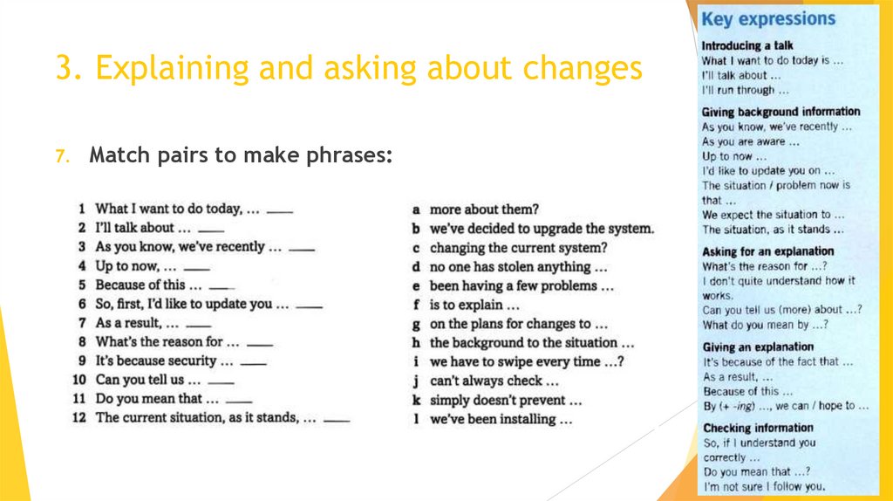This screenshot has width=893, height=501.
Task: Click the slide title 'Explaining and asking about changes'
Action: pyautogui.click(x=349, y=69)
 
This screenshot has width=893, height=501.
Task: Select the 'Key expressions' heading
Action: pyautogui.click(x=768, y=19)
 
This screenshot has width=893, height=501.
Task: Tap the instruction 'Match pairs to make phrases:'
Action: pyautogui.click(x=241, y=156)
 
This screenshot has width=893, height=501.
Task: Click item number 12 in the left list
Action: pyautogui.click(x=78, y=418)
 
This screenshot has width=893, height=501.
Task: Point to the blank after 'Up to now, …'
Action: pyautogui.click(x=197, y=268)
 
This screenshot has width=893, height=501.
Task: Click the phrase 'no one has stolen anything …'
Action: pyautogui.click(x=518, y=267)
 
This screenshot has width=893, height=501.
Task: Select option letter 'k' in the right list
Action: pyautogui.click(x=417, y=401)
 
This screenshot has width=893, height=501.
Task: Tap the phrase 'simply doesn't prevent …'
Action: pyautogui.click(x=505, y=401)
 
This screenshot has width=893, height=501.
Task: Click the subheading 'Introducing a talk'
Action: pyautogui.click(x=747, y=45)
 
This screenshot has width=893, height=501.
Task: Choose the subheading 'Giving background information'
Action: pyautogui.click(x=781, y=112)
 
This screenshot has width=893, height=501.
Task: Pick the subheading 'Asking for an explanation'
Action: pyautogui.click(x=767, y=251)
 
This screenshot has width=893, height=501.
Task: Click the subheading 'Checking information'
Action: pyautogui.click(x=757, y=428)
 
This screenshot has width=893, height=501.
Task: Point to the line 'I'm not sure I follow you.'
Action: pyautogui.click(x=763, y=486)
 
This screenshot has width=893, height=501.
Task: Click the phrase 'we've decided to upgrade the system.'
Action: pyautogui.click(x=541, y=229)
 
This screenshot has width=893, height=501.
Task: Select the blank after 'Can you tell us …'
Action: pyautogui.click(x=221, y=382)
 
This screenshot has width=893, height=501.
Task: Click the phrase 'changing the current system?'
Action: pyautogui.click(x=518, y=248)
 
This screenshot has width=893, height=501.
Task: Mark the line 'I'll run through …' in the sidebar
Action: pyautogui.click(x=745, y=90)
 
